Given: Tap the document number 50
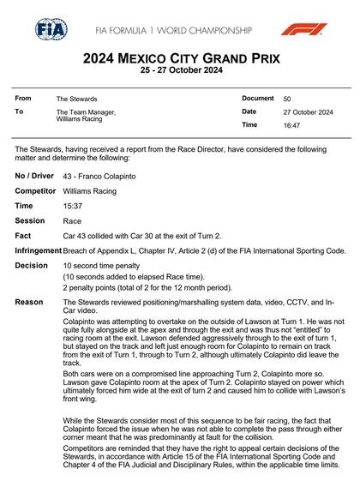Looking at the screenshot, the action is point(287,99).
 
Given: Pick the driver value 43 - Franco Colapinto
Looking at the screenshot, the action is point(97,175).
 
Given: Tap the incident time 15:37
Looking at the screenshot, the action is point(72,206).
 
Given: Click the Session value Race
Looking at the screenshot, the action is point(72,221).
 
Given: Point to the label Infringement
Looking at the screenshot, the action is point(38,250).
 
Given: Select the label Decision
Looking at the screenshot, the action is point(31,266).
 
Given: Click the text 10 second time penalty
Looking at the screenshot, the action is point(100,267).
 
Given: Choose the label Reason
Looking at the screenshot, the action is point(28,303).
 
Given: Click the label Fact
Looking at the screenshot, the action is point(23,236).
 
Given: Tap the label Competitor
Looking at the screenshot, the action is point(35,190).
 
